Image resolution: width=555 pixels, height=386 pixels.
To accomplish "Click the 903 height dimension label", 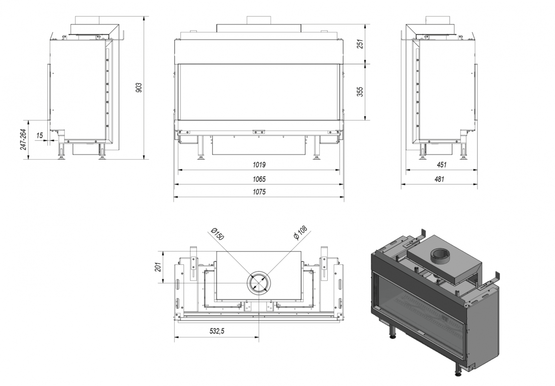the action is point(139,88).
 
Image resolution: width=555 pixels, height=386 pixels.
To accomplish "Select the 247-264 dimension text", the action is point(23,139).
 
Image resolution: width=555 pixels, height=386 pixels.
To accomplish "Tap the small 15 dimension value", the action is point(40,136).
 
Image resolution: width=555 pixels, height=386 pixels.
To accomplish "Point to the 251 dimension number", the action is point(360,44).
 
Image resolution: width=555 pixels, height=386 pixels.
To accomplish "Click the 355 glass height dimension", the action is point(360,92).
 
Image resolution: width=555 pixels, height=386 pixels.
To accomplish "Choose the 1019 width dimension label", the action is point(259,165).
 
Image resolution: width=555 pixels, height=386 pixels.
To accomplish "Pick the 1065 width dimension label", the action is point(259,179).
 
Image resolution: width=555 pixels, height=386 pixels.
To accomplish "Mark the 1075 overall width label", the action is point(259,192).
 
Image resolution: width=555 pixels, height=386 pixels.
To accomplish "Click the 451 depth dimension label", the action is point(442,165).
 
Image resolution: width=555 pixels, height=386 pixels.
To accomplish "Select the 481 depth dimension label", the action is point(439,179).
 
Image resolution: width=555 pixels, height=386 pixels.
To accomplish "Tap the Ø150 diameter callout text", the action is point(217,234).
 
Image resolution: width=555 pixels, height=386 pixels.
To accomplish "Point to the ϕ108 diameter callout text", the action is point(300,233).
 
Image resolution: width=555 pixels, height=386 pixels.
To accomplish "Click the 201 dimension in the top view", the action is point(158,267).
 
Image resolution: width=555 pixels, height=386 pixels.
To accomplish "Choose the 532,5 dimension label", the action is point(217,331).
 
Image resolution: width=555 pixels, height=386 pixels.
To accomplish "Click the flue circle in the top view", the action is point(259,283).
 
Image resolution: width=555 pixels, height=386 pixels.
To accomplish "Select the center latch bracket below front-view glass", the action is point(259,132).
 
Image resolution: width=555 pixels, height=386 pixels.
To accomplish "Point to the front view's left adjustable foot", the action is point(201,148).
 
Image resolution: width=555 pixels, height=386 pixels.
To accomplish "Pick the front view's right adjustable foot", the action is point(316,148).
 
